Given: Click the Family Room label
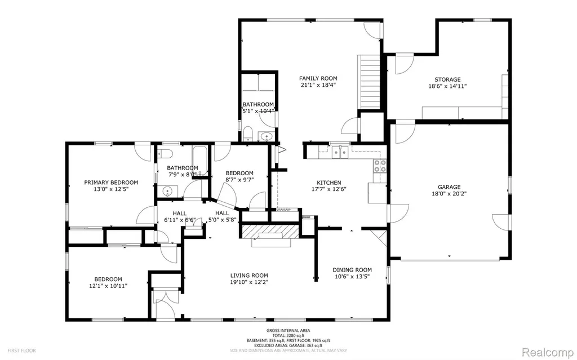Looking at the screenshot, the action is tap(318, 78).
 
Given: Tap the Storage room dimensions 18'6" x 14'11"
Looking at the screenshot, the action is tap(447, 86).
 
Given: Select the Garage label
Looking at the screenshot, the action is tap(449, 187).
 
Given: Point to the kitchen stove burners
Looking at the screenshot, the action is tap(380, 166).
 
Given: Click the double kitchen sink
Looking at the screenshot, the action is tap(340, 152).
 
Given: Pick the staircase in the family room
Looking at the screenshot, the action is tap(370, 82).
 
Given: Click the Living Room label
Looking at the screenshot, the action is tap(249, 275).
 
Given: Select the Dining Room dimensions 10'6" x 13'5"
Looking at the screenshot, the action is tap(352, 277).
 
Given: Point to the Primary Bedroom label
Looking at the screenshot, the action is tap(111, 183).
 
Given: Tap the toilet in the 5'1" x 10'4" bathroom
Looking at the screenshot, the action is tap(248, 134).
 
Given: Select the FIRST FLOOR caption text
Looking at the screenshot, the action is tap(22, 351).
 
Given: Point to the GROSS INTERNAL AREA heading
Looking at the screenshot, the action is tap(288, 331).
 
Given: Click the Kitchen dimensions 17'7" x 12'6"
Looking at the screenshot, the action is tap(329, 189).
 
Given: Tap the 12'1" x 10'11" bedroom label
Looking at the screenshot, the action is tap(108, 282).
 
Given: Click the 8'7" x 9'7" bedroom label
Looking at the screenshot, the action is tap(239, 176).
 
